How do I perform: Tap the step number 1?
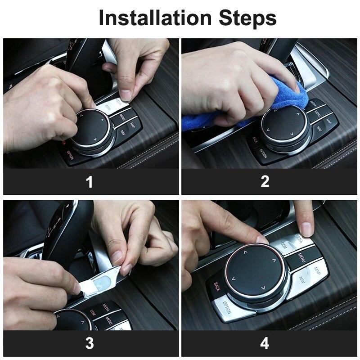point(90,182)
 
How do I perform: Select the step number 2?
point(265,182)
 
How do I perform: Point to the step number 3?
point(90,343)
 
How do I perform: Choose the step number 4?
point(265,343)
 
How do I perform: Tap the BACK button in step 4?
point(216,287)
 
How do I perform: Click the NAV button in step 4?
point(301,283)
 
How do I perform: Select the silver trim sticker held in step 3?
point(101,282)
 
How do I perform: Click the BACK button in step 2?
point(255,141)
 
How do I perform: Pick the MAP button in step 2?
point(329,121)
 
